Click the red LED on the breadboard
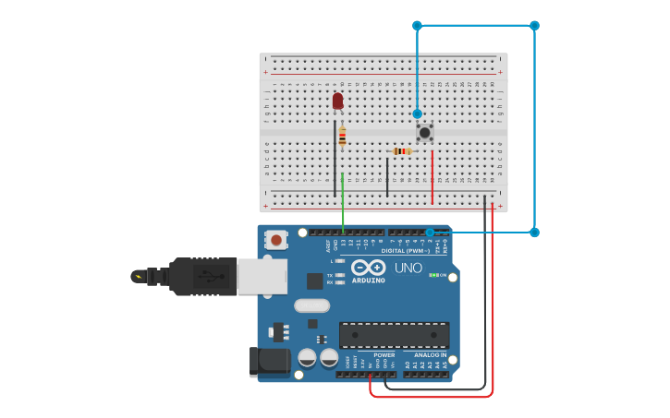(337, 100)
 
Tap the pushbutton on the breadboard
(424, 133)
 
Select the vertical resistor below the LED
(342, 137)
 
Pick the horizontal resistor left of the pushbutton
(401, 151)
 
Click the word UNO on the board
(408, 269)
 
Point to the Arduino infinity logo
(368, 268)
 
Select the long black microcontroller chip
(394, 334)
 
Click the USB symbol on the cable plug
(210, 275)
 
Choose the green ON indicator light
(433, 275)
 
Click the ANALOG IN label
(430, 355)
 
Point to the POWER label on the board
(384, 355)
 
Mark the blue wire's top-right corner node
(534, 26)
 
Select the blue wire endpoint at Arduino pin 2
(430, 233)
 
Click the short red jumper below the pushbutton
(432, 177)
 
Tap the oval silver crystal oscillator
(311, 305)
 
